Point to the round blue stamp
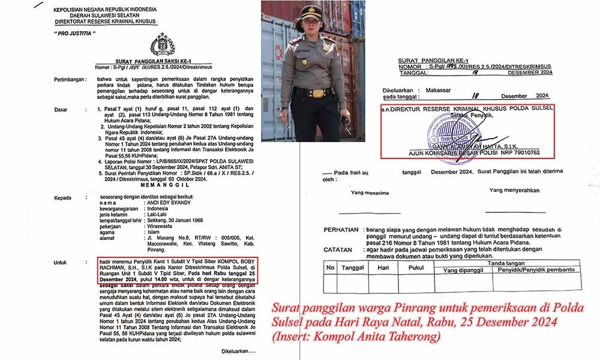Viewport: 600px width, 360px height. click(x=445, y=131)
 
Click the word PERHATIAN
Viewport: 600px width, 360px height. click(x=341, y=230)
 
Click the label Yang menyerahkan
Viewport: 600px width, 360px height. click(x=514, y=191)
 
